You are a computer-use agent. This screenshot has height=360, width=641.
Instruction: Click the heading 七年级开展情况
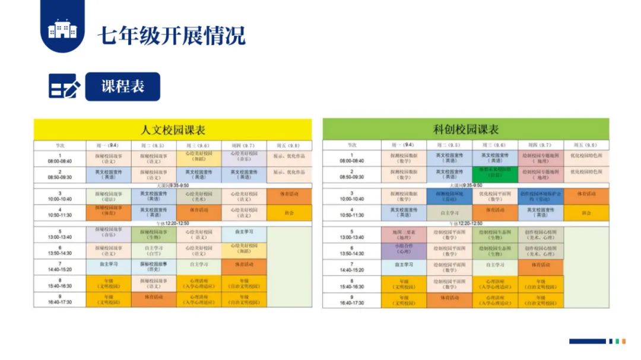[172, 36]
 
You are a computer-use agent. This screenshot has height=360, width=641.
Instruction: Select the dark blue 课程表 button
[123, 87]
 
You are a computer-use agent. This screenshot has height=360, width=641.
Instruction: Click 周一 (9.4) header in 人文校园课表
[109, 145]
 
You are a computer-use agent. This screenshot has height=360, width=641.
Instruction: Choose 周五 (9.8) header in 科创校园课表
[586, 145]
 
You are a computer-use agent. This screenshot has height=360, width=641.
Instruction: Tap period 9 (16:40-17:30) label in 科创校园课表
[351, 301]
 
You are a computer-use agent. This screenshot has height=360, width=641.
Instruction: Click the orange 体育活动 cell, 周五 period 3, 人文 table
[289, 196]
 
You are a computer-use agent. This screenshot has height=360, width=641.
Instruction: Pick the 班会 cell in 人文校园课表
[289, 213]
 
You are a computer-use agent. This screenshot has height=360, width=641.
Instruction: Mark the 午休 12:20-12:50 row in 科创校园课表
[466, 224]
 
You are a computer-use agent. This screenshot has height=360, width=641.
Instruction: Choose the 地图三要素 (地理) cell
[404, 234]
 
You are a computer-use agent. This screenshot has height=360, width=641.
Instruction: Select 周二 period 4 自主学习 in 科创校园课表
[449, 213]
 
